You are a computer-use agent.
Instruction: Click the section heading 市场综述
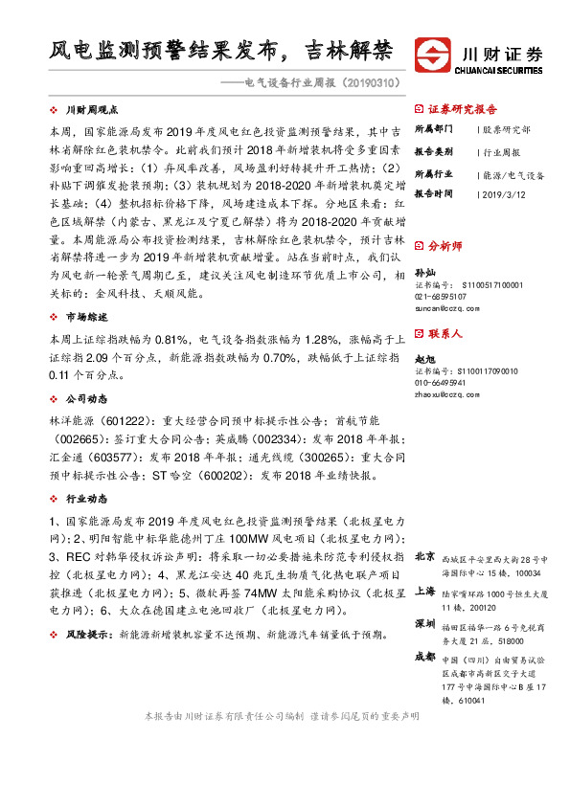[86, 317]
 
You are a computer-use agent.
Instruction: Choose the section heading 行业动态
[86, 499]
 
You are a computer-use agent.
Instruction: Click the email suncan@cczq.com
[446, 308]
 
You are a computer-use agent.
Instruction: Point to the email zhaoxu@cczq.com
[446, 393]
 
